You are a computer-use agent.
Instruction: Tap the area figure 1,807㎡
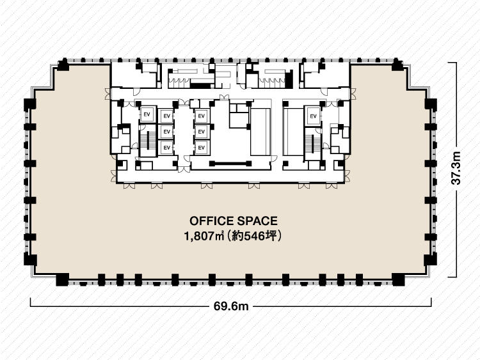(204, 236)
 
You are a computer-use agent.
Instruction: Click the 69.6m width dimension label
(231, 306)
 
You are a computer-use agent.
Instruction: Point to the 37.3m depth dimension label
(456, 168)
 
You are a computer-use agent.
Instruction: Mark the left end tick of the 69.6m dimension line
(31, 302)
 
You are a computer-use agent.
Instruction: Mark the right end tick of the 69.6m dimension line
(431, 302)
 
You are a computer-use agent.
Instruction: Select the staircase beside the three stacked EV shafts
(148, 141)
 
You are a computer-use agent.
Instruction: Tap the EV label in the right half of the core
(313, 116)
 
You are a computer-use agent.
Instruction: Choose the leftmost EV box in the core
(147, 114)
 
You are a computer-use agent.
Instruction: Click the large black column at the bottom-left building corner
(63, 279)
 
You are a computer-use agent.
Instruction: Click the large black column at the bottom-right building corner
(398, 279)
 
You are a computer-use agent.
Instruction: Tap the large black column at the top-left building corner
(63, 65)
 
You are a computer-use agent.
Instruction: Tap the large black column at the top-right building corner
(397, 65)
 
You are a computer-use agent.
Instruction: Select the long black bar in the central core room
(230, 164)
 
